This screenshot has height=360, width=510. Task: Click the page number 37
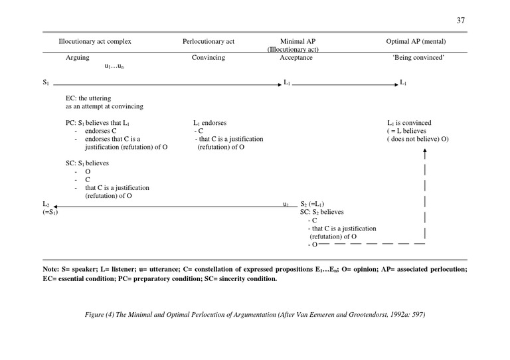pyautogui.click(x=461, y=21)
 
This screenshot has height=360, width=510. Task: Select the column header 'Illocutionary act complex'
pyautogui.click(x=95, y=41)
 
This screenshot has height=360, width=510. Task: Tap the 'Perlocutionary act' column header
pyautogui.click(x=209, y=41)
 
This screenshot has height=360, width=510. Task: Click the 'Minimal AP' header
pyautogui.click(x=293, y=41)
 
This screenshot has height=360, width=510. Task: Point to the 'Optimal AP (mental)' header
pyautogui.click(x=416, y=41)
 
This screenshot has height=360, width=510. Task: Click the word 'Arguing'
pyautogui.click(x=77, y=58)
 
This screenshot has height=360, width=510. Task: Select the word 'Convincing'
pyautogui.click(x=209, y=58)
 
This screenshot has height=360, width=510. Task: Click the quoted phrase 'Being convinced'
pyautogui.click(x=418, y=58)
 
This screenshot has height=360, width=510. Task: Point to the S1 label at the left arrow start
pyautogui.click(x=46, y=83)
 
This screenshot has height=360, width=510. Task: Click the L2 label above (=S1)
pyautogui.click(x=46, y=204)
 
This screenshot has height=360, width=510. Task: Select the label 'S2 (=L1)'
pyautogui.click(x=312, y=204)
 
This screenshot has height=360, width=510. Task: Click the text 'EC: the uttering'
pyautogui.click(x=88, y=98)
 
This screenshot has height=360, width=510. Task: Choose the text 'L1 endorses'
pyautogui.click(x=209, y=123)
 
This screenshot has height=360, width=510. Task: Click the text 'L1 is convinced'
pyautogui.click(x=409, y=123)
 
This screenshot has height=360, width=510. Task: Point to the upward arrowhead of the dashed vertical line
pyautogui.click(x=424, y=152)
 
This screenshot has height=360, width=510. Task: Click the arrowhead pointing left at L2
pyautogui.click(x=54, y=207)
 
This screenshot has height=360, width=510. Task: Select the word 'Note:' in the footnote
pyautogui.click(x=51, y=269)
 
